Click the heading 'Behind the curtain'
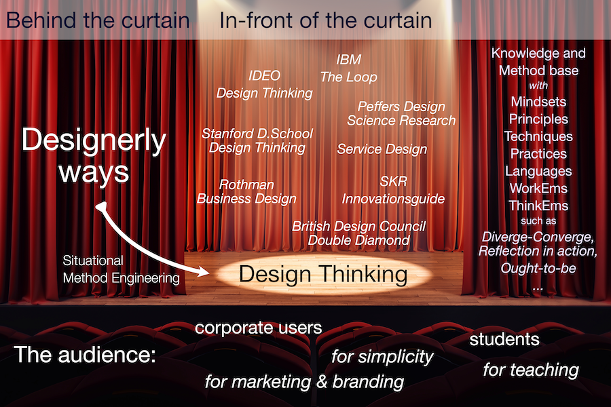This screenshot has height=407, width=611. tap(98, 20)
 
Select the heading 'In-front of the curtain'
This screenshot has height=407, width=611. tap(326, 20)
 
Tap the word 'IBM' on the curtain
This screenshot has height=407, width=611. tap(349, 60)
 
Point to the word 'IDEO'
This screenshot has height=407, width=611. tap(265, 75)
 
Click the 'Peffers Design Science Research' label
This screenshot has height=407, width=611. tap(401, 113)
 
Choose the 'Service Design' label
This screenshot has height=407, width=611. tap(382, 149)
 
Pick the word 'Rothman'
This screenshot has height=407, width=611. tap(246, 185)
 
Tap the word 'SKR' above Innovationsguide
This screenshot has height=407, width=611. tap(393, 181)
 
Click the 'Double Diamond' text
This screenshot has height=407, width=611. tap(358, 240)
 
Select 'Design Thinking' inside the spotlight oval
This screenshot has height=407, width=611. tap(323, 274)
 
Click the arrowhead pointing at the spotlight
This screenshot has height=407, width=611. tap(203, 271)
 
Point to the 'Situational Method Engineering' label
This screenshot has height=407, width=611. tap(122, 269)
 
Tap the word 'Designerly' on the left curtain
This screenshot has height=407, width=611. tap(94, 140)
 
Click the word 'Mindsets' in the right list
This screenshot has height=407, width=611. tap(538, 102)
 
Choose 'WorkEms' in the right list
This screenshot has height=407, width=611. tap(538, 189)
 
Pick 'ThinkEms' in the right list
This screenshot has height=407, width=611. tap(538, 206)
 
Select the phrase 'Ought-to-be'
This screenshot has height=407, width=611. tap(538, 269)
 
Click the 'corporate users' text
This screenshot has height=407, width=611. tap(259, 328)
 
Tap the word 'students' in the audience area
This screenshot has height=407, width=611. tap(504, 339)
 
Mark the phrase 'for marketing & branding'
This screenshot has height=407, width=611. tap(304, 382)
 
